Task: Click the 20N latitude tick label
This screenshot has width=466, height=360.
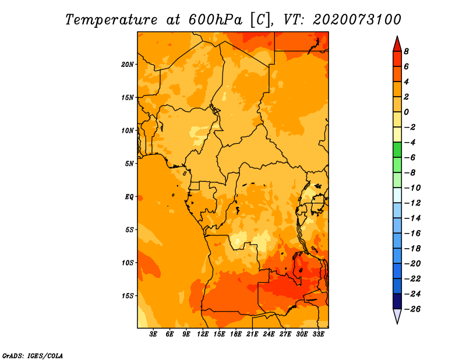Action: tap(127, 65)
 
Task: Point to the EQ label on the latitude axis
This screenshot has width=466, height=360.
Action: tap(129, 197)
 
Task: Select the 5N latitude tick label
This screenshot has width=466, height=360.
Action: tap(129, 164)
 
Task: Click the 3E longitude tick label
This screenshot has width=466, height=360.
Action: tap(153, 334)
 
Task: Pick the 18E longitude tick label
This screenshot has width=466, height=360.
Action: tap(236, 334)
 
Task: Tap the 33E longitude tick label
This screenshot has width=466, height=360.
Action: tap(318, 334)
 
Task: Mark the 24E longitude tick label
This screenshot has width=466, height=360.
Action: tap(269, 334)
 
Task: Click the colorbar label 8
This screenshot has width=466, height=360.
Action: tap(406, 51)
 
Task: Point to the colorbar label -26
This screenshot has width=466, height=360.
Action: tap(412, 309)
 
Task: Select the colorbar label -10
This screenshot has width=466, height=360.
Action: tap(412, 188)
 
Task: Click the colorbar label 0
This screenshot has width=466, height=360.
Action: tap(406, 112)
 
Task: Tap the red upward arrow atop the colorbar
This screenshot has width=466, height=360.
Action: tap(397, 44)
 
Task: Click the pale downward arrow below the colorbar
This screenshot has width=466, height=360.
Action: tap(397, 316)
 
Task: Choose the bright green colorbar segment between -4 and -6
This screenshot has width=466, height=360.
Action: tap(397, 150)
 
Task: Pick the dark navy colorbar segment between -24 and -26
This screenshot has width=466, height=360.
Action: tap(397, 301)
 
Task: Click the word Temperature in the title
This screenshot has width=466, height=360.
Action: tap(111, 20)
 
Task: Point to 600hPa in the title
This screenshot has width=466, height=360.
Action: tap(215, 20)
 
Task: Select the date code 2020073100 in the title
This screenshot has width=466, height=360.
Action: tap(356, 20)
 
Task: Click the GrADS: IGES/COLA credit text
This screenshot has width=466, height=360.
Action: tap(33, 355)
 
